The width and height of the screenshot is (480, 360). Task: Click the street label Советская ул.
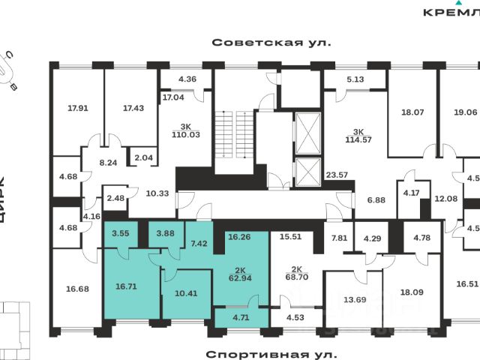[271, 43]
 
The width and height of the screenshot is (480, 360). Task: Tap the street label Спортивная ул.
[272, 352]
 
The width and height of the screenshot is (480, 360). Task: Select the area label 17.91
[78, 108]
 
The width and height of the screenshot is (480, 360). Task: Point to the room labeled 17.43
[133, 108]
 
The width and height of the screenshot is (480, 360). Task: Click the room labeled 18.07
[412, 112]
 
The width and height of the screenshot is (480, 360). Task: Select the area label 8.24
[109, 163]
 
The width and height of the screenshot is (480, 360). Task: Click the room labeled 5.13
[355, 78]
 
